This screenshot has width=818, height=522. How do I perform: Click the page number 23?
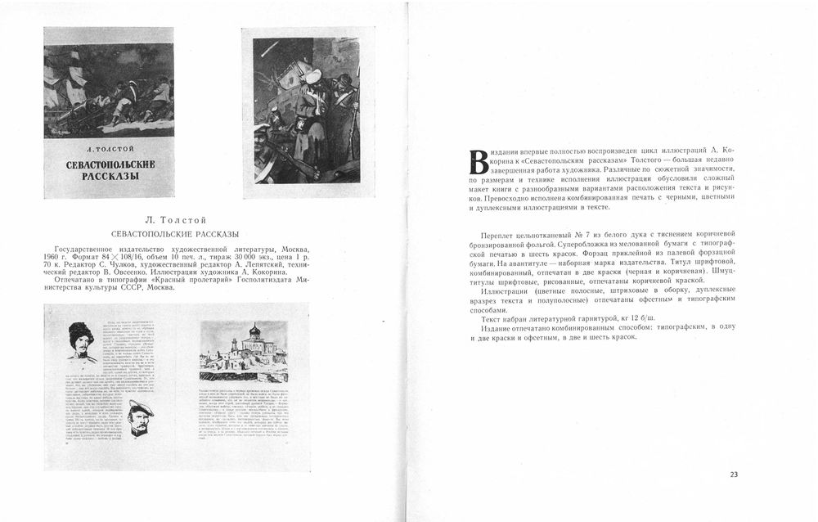click(x=734, y=475)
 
